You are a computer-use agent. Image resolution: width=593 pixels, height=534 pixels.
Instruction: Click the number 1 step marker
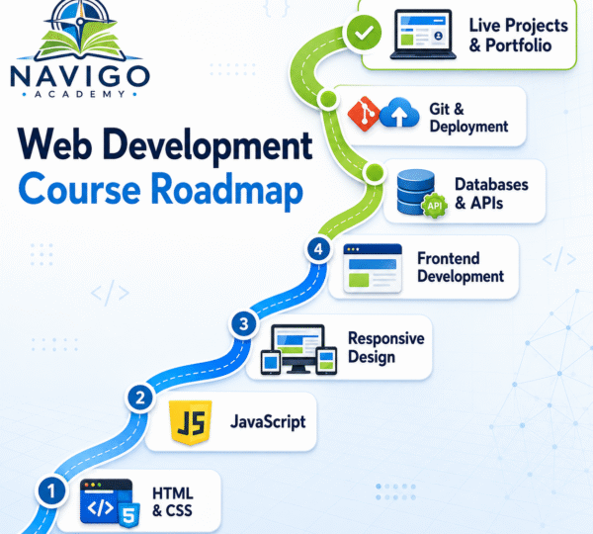pyautogui.click(x=51, y=490)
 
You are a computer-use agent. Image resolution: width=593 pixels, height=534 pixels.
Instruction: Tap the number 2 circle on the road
pyautogui.click(x=140, y=398)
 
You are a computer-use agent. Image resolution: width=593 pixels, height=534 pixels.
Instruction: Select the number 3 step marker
pyautogui.click(x=244, y=324)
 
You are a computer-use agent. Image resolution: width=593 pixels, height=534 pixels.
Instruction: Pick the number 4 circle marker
pyautogui.click(x=318, y=249)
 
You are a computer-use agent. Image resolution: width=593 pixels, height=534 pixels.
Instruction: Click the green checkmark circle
pyautogui.click(x=364, y=33)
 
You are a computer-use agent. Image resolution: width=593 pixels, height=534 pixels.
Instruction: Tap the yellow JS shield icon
pyautogui.click(x=190, y=421)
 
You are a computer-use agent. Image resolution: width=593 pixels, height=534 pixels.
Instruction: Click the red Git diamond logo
pyautogui.click(x=364, y=114)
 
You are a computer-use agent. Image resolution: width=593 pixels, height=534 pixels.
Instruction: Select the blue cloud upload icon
pyautogui.click(x=399, y=113)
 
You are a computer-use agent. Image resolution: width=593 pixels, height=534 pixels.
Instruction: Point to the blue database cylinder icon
pyautogui.click(x=415, y=192)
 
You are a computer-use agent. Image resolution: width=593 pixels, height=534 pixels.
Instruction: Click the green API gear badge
pyautogui.click(x=435, y=205)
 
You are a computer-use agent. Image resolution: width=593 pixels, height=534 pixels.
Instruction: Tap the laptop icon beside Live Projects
pyautogui.click(x=423, y=35)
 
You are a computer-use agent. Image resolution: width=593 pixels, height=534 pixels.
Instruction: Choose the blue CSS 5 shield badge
pyautogui.click(x=129, y=514)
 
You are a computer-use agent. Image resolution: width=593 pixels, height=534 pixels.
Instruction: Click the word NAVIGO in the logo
pyautogui.click(x=80, y=76)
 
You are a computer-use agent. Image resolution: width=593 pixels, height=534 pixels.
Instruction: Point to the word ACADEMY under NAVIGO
pyautogui.click(x=80, y=94)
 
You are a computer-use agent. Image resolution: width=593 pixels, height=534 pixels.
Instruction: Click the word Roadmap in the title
pyautogui.click(x=227, y=191)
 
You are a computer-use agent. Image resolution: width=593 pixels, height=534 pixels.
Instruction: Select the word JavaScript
pyautogui.click(x=268, y=421)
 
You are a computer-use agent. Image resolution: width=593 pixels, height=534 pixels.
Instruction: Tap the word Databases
pyautogui.click(x=491, y=184)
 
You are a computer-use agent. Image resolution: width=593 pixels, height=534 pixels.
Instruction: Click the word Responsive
pyautogui.click(x=386, y=338)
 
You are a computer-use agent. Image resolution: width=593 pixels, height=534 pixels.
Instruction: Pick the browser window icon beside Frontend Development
pyautogui.click(x=373, y=268)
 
